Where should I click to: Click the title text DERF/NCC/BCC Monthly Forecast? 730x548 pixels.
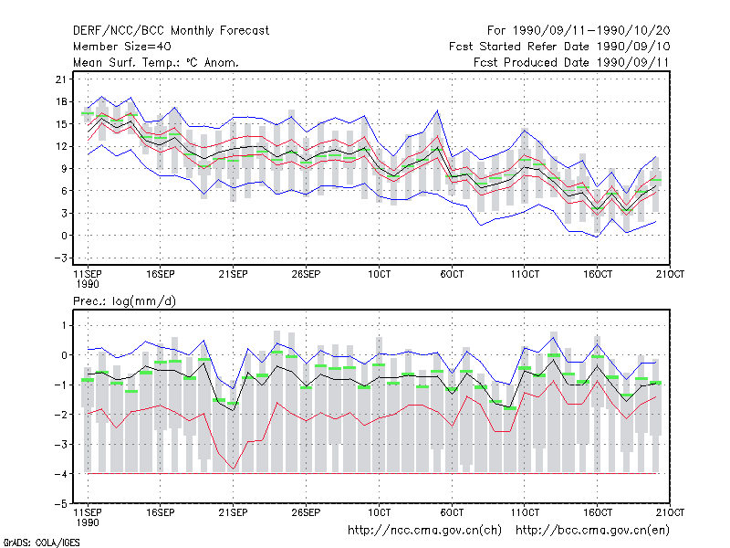(171, 31)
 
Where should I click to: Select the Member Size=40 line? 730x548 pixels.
(122, 47)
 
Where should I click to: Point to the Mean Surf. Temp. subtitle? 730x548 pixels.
(155, 62)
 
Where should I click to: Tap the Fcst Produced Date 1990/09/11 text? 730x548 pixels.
(571, 62)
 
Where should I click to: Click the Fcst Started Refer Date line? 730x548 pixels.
(559, 47)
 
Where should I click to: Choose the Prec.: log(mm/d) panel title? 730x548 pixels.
(124, 301)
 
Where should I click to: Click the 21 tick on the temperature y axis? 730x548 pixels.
(61, 79)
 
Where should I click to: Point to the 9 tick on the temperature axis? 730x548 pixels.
(64, 168)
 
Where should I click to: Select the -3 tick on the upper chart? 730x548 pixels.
(60, 258)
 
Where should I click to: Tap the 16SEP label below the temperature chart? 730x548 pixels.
(161, 274)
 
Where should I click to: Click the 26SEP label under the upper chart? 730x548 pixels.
(306, 274)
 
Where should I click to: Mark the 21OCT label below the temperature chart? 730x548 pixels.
(670, 274)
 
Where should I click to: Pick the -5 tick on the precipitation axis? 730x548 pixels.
(60, 504)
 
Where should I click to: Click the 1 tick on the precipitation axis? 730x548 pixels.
(64, 325)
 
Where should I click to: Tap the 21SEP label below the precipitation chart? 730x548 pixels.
(233, 512)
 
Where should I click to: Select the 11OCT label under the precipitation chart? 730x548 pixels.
(525, 512)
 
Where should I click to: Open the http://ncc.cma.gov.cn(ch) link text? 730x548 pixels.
(424, 531)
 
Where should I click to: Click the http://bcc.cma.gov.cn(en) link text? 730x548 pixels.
(592, 531)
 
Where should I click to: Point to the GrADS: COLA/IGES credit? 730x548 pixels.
(41, 543)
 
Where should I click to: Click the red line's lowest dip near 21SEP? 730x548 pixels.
(234, 469)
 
